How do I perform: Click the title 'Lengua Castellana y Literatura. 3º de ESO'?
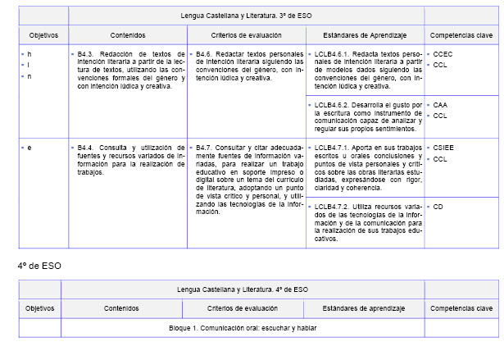coord(242,16)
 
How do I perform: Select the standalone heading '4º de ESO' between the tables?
coord(39,266)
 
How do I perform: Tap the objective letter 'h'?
coord(29,53)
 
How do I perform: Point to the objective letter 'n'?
coord(29,76)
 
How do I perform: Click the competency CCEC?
coord(443,53)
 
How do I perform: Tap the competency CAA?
coord(440,106)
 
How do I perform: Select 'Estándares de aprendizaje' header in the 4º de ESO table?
coord(363,308)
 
